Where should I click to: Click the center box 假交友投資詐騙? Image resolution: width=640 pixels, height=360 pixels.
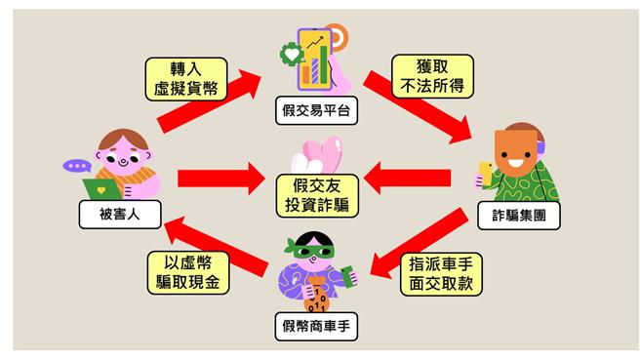click(x=317, y=195)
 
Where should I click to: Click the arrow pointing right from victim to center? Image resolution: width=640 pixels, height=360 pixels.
click(x=220, y=179)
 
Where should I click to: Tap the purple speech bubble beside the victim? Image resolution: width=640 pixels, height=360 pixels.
click(x=75, y=165)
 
